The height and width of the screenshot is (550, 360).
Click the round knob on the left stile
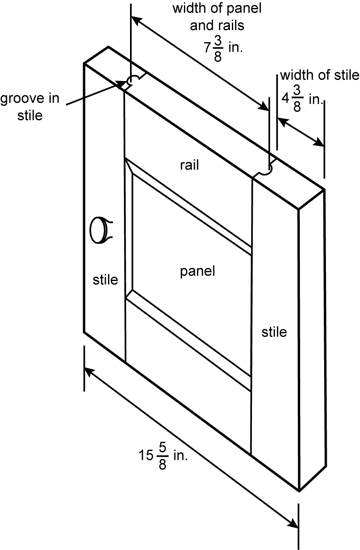98,230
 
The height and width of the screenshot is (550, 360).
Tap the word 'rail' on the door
189,165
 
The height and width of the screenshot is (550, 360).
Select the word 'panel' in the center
197,271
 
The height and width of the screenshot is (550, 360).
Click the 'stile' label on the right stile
274,332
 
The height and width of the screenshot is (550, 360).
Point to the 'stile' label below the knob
105,280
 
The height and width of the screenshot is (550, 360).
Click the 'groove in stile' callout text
30,107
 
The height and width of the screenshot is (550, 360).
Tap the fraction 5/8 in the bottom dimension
162,456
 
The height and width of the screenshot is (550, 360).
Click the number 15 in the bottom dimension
146,456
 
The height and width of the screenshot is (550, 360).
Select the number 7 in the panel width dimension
207,47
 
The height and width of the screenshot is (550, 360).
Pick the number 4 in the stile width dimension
285,99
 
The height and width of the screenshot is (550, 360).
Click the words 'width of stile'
319,75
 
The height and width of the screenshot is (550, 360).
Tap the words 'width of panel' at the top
217,8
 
